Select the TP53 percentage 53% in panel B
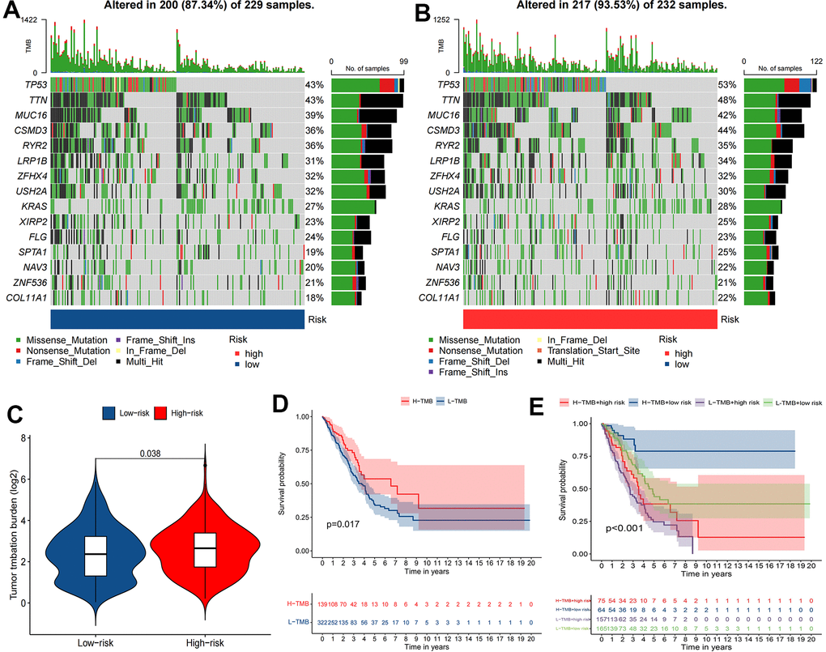pyautogui.click(x=726, y=85)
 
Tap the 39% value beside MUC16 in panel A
pyautogui.click(x=313, y=115)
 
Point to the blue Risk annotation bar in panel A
pyautogui.click(x=177, y=318)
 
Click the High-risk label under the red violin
pyautogui.click(x=207, y=633)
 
